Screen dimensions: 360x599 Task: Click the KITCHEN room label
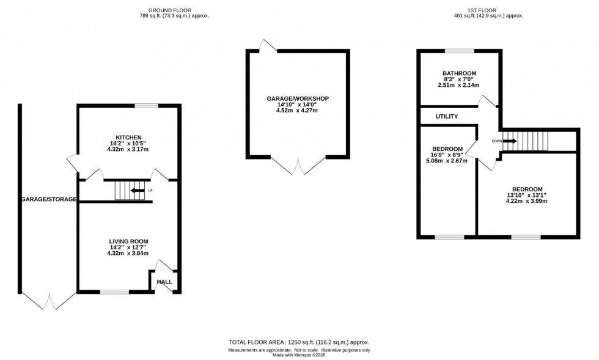click(x=128, y=138)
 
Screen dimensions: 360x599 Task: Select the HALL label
click(x=164, y=282)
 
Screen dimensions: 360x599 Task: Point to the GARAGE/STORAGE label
click(x=48, y=199)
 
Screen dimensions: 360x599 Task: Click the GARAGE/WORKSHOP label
click(x=298, y=98)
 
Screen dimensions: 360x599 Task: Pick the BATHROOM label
click(x=459, y=73)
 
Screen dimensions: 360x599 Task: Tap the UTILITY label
click(x=446, y=116)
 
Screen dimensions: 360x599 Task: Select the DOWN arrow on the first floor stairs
click(x=509, y=141)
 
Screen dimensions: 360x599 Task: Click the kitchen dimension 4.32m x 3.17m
click(x=128, y=150)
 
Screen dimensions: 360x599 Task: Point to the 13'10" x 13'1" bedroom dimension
click(x=527, y=195)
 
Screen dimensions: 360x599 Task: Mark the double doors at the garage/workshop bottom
click(x=299, y=164)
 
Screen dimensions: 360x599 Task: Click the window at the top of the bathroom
click(x=459, y=51)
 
